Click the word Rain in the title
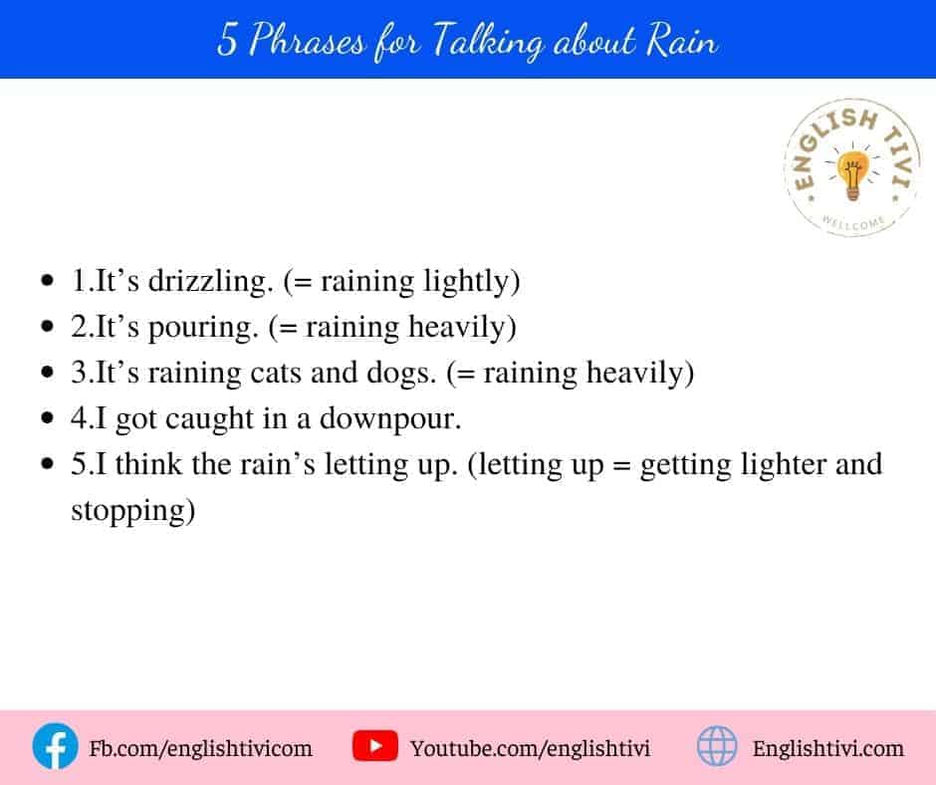[x=682, y=40]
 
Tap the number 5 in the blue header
[x=227, y=40]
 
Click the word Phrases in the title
[x=307, y=40]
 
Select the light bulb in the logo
[x=853, y=174]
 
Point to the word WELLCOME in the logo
[x=853, y=222]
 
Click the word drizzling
[x=211, y=281]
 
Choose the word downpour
[x=390, y=419]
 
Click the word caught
[x=209, y=419]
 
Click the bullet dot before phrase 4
[x=48, y=418]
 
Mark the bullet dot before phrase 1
[x=48, y=281]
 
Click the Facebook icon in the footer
[x=55, y=746]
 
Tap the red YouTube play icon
[x=374, y=746]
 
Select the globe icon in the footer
[x=717, y=746]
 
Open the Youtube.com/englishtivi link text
[x=530, y=748]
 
